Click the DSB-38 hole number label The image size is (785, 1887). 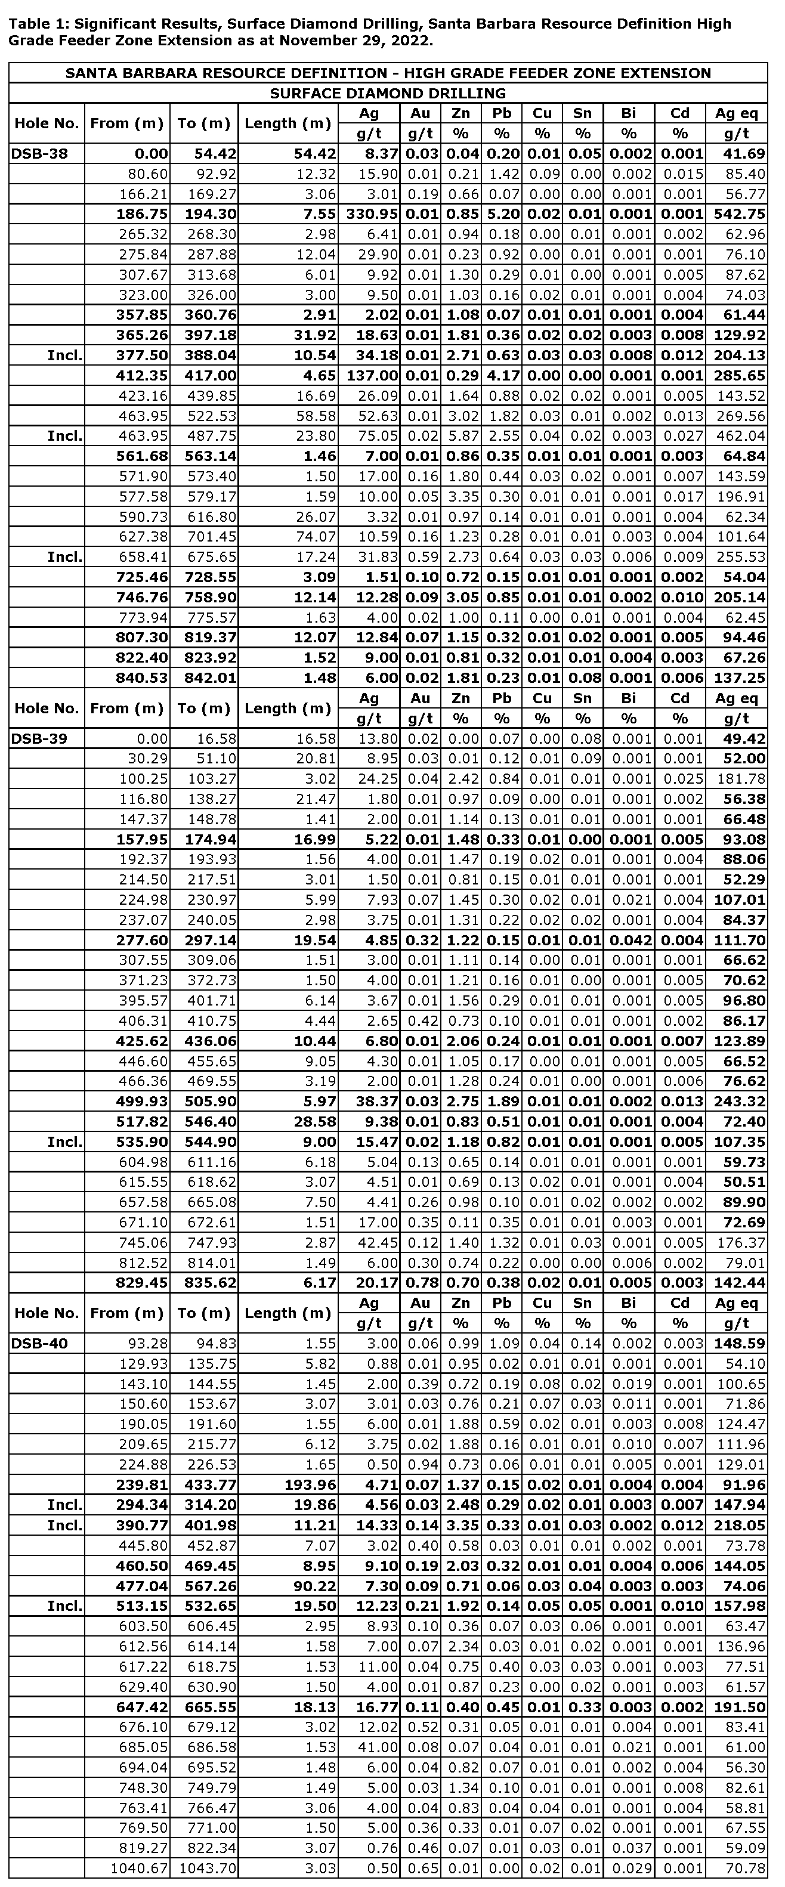click(x=38, y=154)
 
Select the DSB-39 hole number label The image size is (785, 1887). click(x=38, y=738)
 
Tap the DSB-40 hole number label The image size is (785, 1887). click(x=38, y=1344)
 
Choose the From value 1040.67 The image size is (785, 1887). click(x=139, y=1869)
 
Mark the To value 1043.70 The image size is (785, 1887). click(x=208, y=1869)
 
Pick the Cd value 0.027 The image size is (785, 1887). click(x=682, y=436)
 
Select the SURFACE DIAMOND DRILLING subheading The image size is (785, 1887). click(x=388, y=94)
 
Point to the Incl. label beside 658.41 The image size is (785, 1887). click(x=64, y=556)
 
